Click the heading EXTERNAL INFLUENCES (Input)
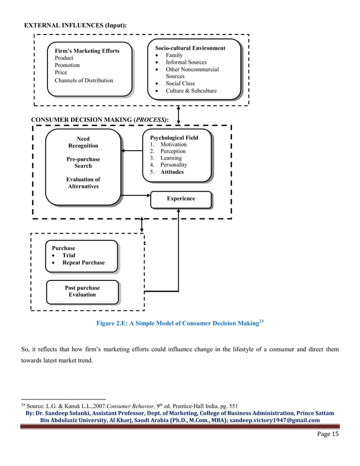pos(75,26)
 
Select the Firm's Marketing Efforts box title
pos(87,51)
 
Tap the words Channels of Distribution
pos(84,80)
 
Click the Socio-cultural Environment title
pos(190,48)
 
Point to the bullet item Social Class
pos(180,83)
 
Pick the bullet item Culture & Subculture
pos(191,91)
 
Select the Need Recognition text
pos(83,142)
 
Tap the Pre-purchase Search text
pos(83,162)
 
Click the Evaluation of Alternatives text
pos(83,183)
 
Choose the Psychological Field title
pos(174,137)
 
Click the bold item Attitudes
pos(172,172)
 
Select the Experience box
pos(181,199)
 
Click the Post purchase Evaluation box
pos(82,291)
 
